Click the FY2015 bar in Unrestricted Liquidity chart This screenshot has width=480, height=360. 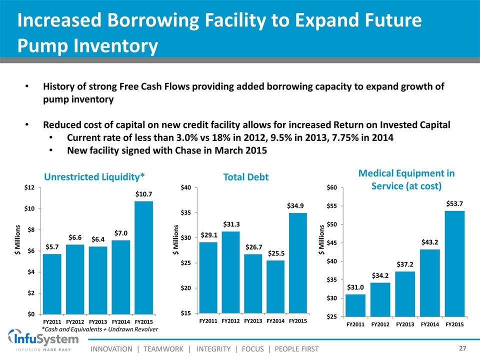[x=143, y=257]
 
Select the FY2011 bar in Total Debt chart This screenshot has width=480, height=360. [x=208, y=277]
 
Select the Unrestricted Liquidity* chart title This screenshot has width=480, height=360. [x=94, y=176]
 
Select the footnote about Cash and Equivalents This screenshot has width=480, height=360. [x=99, y=329]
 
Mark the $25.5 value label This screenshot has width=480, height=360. [x=276, y=253]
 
